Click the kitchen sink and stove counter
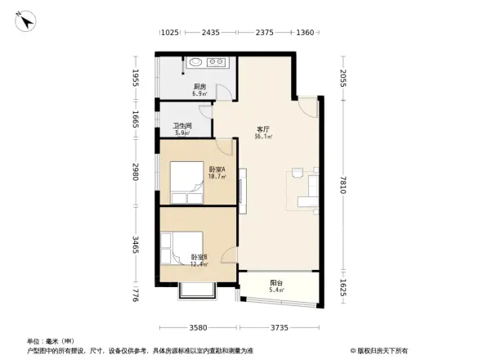click(x=208, y=62)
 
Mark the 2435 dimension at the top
click(x=210, y=33)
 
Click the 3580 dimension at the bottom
click(x=198, y=329)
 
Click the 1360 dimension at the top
click(x=305, y=33)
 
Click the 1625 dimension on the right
click(x=345, y=288)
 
